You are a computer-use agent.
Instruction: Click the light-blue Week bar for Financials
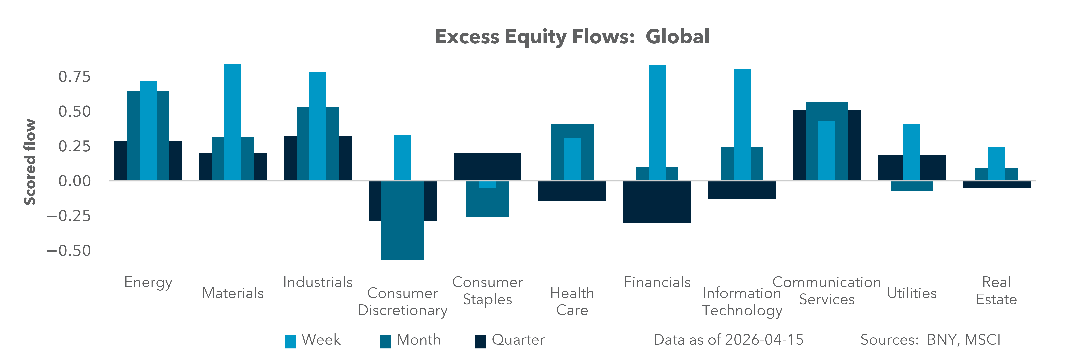(657, 122)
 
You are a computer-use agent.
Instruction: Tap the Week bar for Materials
(233, 122)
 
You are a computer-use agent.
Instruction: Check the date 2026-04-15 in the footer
(764, 340)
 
